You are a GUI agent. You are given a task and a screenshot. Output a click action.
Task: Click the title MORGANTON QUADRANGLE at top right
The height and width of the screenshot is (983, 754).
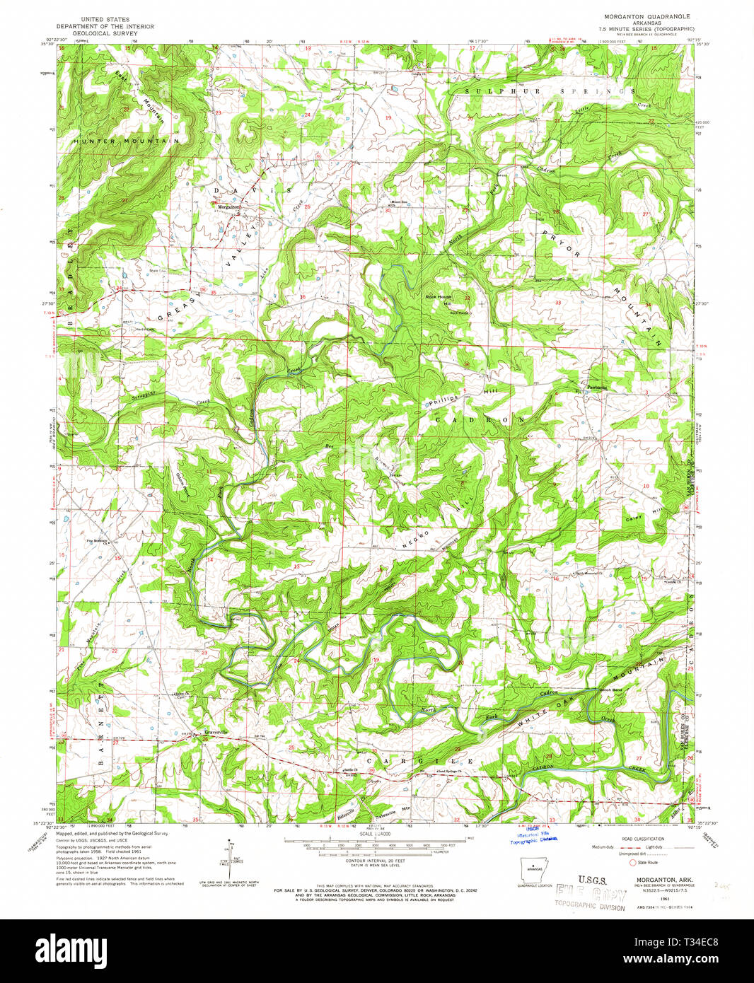637,16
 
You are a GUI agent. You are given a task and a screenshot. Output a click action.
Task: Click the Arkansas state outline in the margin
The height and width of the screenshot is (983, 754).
534,869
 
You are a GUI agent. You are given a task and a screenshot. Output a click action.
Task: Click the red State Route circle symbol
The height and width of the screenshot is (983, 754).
633,863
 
